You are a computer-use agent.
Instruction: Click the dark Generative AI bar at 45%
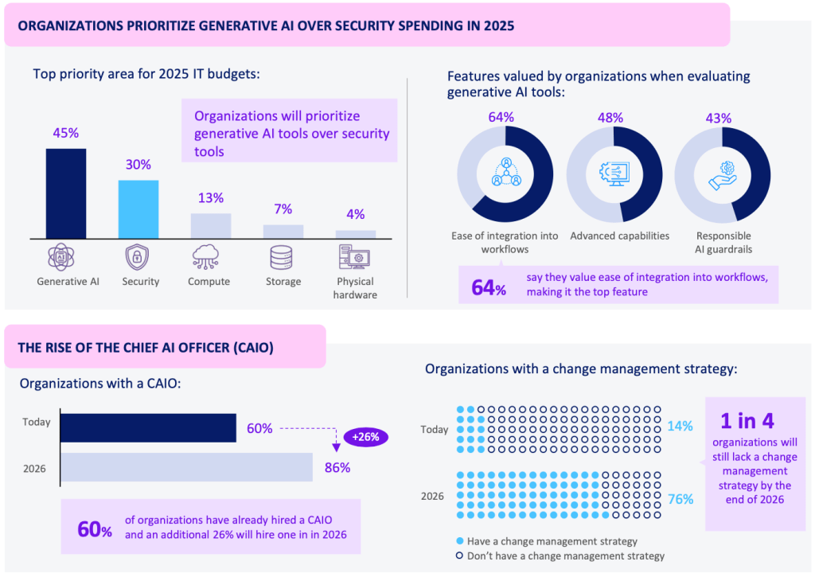66,193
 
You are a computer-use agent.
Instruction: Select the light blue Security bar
138,209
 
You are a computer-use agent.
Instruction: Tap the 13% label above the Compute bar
211,197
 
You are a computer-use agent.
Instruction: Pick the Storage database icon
283,258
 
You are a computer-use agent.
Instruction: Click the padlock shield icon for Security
139,258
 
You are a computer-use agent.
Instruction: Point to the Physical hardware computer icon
355,258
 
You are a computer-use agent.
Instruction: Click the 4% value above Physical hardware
355,214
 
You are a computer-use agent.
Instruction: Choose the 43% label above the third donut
719,117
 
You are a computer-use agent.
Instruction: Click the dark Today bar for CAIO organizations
148,427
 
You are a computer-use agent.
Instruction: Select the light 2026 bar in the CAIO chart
186,467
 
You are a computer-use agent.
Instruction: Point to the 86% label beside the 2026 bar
337,467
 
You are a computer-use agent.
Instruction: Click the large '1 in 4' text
747,419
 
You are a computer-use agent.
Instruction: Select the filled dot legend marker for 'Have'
459,540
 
